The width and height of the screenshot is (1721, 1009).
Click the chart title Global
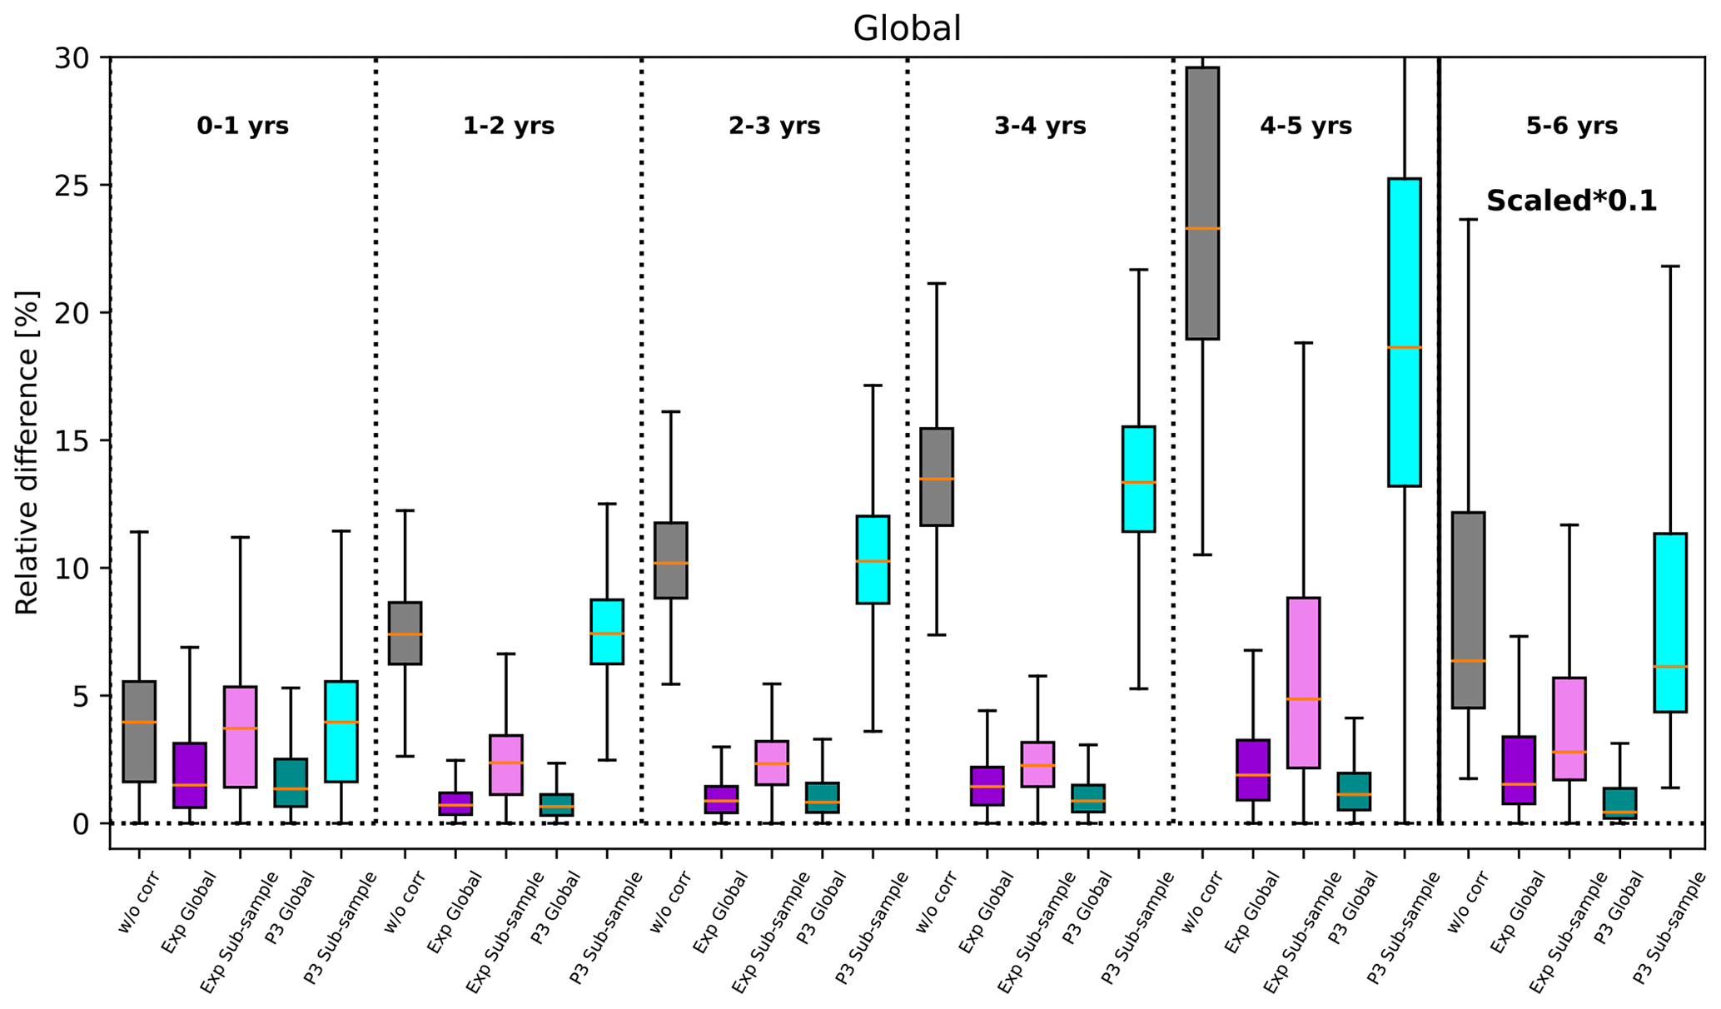[907, 29]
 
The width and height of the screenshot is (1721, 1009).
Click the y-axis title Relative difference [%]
[27, 453]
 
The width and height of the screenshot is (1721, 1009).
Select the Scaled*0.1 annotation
[1571, 201]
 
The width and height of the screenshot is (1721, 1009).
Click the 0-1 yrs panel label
[242, 126]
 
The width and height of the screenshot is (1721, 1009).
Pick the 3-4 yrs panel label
[1040, 126]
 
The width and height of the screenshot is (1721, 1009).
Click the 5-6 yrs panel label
[1571, 126]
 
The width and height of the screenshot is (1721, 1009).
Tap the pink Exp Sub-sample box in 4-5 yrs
[1303, 683]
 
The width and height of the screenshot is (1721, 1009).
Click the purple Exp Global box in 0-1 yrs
[190, 775]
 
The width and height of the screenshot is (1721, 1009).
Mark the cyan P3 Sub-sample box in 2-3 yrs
[873, 559]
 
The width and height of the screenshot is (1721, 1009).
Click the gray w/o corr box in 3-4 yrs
[937, 476]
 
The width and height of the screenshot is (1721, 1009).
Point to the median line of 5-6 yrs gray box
[1468, 661]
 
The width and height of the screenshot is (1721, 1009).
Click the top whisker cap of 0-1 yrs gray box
[139, 531]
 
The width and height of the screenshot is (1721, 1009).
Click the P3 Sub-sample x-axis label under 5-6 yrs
[1669, 928]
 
